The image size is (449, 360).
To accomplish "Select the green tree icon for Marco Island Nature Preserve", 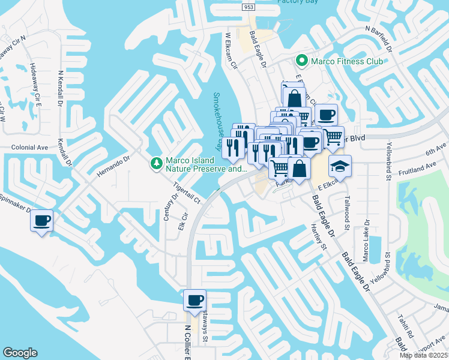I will (156, 163).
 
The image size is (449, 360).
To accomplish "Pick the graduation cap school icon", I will (340, 166).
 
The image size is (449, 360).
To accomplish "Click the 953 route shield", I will (249, 7).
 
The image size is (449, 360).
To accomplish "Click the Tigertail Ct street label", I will (186, 189).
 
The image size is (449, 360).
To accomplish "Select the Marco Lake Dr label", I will (366, 240).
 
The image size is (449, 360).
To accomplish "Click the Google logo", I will (20, 353).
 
